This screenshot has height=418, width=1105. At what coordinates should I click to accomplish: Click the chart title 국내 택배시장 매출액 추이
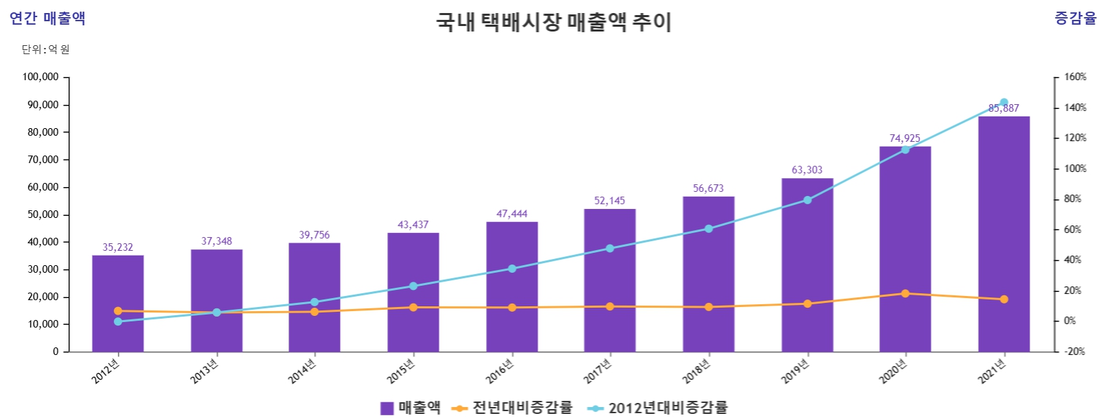[554, 22]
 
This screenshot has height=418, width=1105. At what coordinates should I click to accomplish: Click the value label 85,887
[1004, 108]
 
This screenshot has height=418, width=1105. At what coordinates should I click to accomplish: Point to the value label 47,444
[512, 214]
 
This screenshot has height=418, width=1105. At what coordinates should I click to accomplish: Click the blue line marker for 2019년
[807, 200]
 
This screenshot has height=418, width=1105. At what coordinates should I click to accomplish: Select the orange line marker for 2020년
[905, 293]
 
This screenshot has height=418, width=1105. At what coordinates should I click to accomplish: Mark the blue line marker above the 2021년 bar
[1004, 102]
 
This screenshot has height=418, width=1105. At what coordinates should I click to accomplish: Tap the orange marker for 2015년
[413, 308]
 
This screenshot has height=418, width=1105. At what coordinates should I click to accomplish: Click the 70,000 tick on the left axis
[42, 160]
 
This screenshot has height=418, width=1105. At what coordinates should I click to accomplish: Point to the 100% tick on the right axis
[1075, 169]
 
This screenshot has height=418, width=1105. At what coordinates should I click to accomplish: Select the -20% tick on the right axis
[1074, 352]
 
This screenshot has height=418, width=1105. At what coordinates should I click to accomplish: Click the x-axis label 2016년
[500, 371]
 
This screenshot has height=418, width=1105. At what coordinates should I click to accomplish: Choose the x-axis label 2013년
[204, 371]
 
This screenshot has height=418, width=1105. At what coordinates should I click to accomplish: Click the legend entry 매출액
[411, 408]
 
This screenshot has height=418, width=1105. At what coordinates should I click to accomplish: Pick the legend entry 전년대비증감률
[512, 408]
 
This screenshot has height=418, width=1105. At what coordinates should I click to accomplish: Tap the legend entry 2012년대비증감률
[657, 408]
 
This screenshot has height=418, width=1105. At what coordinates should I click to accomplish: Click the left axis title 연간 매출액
[47, 19]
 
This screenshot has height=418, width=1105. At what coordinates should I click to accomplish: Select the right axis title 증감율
[1075, 19]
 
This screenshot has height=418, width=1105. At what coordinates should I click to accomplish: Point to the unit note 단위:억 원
[45, 49]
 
